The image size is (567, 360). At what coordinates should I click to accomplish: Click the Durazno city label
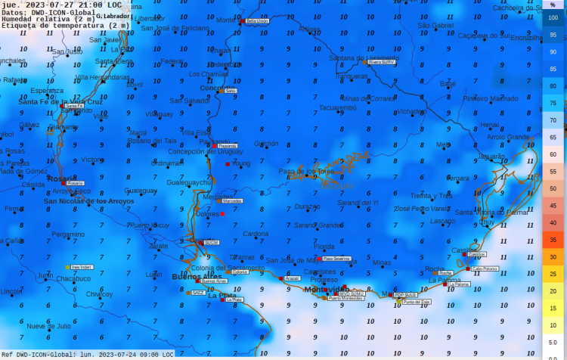(x=306, y=206)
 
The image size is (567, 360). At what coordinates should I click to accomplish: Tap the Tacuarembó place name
(x=337, y=107)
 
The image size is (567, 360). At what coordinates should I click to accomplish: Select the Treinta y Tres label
(x=431, y=196)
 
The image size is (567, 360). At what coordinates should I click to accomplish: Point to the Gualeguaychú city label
(x=188, y=183)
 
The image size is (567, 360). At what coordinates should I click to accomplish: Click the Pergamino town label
(x=68, y=234)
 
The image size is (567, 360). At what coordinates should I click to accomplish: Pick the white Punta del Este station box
(x=417, y=302)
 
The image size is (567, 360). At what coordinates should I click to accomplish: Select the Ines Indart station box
(x=81, y=267)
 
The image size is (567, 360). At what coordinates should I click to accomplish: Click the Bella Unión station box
(x=257, y=22)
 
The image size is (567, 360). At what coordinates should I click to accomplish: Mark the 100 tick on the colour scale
(x=553, y=17)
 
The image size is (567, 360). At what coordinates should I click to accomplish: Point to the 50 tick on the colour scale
(x=553, y=188)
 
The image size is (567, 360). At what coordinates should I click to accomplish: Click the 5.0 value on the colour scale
(x=553, y=342)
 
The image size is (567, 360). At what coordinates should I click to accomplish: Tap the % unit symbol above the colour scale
(x=553, y=5)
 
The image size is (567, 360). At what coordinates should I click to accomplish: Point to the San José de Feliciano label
(x=175, y=28)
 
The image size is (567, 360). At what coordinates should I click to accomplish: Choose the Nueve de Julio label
(x=48, y=326)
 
